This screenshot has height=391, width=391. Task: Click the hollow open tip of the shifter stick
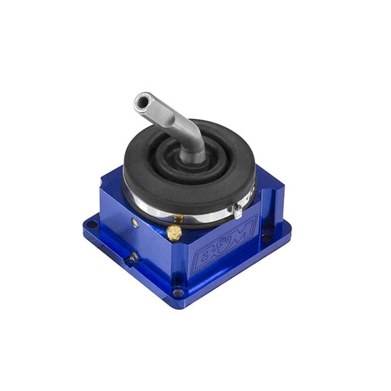[x=141, y=102]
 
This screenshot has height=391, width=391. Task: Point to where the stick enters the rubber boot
[x=193, y=157]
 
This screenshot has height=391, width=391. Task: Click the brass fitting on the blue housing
[x=174, y=233]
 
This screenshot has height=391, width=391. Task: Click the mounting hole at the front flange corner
[x=177, y=294]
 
